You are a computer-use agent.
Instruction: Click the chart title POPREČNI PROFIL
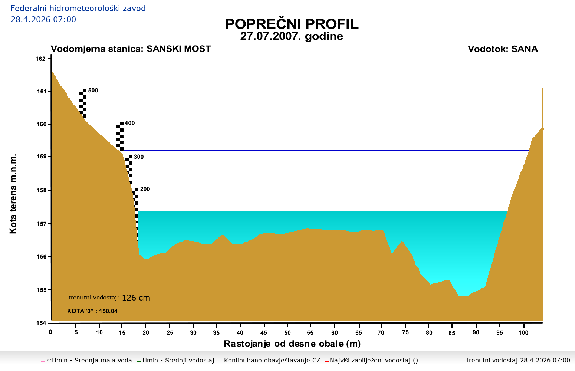pyautogui.click(x=292, y=24)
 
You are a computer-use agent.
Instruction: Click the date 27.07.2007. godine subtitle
pyautogui.click(x=292, y=36)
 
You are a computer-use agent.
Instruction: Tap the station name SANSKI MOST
pyautogui.click(x=178, y=49)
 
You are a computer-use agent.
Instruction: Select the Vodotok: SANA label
pyautogui.click(x=503, y=49)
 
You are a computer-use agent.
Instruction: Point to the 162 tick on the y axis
pyautogui.click(x=41, y=59)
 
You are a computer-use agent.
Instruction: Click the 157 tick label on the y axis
pyautogui.click(x=41, y=224)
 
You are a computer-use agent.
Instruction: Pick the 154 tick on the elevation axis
pyautogui.click(x=41, y=323)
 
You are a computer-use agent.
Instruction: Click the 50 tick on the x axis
pyautogui.click(x=287, y=332)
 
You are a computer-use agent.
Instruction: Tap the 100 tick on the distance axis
pyautogui.click(x=523, y=332)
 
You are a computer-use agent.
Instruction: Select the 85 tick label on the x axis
pyautogui.click(x=452, y=333)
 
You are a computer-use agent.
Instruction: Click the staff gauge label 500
pyautogui.click(x=93, y=91)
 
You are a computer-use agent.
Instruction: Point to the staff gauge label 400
pyautogui.click(x=130, y=123)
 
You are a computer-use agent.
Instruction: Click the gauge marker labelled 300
pyautogui.click(x=139, y=157)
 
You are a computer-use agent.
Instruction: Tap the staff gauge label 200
pyautogui.click(x=145, y=189)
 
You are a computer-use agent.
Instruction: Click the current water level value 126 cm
pyautogui.click(x=136, y=298)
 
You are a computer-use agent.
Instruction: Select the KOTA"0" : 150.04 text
pyautogui.click(x=92, y=311)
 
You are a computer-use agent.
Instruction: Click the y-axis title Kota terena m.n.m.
pyautogui.click(x=13, y=193)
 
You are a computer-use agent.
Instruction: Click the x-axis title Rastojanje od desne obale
pyautogui.click(x=292, y=344)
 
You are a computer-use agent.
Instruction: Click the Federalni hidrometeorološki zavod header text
pyautogui.click(x=78, y=8)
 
